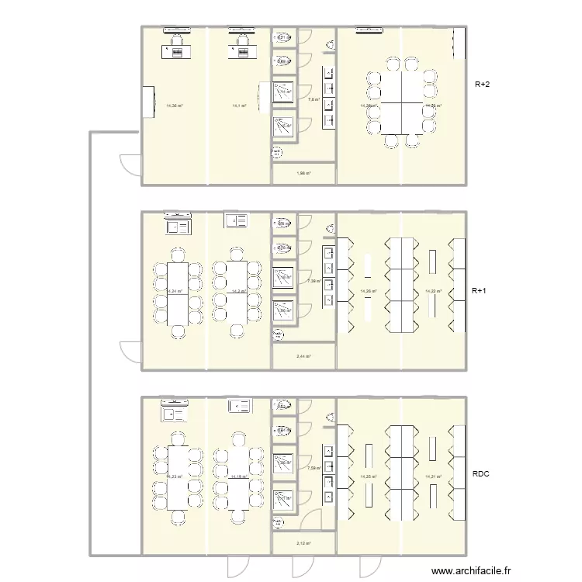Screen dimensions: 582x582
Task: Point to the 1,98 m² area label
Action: (303, 174)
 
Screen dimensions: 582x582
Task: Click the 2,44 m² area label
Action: (303, 357)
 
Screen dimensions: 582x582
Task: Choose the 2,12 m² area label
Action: (303, 543)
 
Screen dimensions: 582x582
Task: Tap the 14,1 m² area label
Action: (239, 106)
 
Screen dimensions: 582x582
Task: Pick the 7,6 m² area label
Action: (314, 99)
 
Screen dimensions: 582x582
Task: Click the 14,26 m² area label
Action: (369, 291)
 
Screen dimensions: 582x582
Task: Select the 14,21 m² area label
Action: (433, 477)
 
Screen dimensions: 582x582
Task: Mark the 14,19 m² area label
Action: (238, 477)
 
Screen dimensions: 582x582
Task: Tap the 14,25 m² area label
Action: (369, 477)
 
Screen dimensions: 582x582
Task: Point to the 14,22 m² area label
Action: (433, 291)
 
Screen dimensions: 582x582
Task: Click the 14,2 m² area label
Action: (238, 292)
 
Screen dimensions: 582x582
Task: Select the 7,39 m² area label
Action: (314, 281)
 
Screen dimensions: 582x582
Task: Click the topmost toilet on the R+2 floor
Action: (282, 36)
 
